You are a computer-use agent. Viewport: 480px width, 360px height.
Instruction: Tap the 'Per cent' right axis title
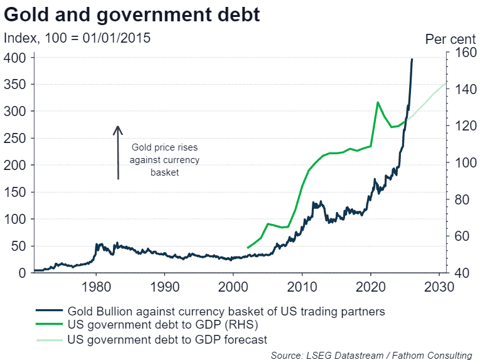449,39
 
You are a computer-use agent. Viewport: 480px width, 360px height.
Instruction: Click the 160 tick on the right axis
461,53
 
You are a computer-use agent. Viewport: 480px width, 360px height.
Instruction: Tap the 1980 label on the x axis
96,287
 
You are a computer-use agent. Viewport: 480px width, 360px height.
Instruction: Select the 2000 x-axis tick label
233,287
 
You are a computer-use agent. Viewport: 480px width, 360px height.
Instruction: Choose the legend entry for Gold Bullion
226,310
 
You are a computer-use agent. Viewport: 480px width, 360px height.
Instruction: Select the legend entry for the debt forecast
167,339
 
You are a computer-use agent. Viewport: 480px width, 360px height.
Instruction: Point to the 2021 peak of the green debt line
377,102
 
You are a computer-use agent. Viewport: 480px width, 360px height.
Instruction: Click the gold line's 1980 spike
97,244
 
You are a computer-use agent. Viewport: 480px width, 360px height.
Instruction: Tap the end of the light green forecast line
445,82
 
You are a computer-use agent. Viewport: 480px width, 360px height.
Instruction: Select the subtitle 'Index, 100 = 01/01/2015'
77,38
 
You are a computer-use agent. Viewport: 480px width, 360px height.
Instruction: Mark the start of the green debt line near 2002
247,248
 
